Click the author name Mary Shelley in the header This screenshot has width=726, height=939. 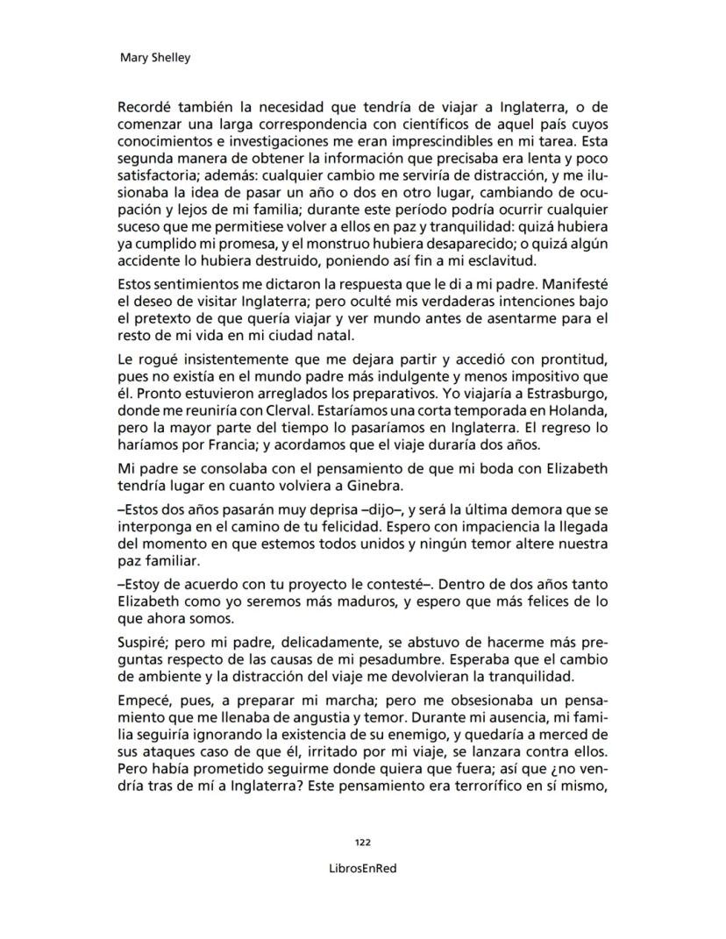click(x=154, y=58)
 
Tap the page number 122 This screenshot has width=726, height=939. click(x=362, y=842)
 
